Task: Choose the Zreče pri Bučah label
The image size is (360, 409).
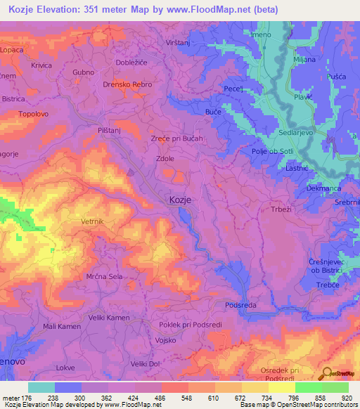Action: point(177,138)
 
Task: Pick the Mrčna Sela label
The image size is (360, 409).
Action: point(105,277)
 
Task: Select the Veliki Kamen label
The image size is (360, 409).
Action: point(109,318)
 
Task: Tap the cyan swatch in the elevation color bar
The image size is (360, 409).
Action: point(41,387)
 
